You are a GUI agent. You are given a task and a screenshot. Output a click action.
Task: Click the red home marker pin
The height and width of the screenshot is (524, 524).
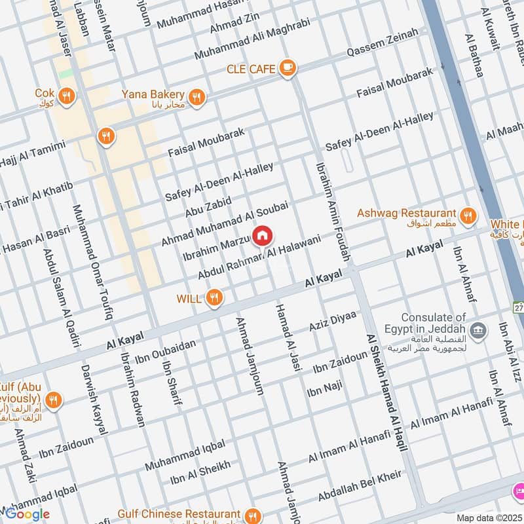[x=263, y=235]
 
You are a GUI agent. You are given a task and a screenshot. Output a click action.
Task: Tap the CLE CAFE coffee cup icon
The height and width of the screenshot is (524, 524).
[x=287, y=67]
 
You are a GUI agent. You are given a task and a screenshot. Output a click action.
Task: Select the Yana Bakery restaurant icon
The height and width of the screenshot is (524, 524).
[x=196, y=98]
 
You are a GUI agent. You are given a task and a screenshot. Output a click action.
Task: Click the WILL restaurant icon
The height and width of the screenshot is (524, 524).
[x=214, y=299]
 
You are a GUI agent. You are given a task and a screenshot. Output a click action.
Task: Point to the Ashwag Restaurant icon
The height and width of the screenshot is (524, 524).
[x=467, y=215]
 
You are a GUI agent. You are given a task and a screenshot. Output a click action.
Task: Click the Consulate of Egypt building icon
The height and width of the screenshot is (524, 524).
[x=478, y=327]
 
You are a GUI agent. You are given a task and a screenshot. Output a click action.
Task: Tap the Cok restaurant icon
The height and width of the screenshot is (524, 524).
[x=65, y=98]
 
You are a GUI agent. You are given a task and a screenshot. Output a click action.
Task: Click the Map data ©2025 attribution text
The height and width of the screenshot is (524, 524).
[x=489, y=518]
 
